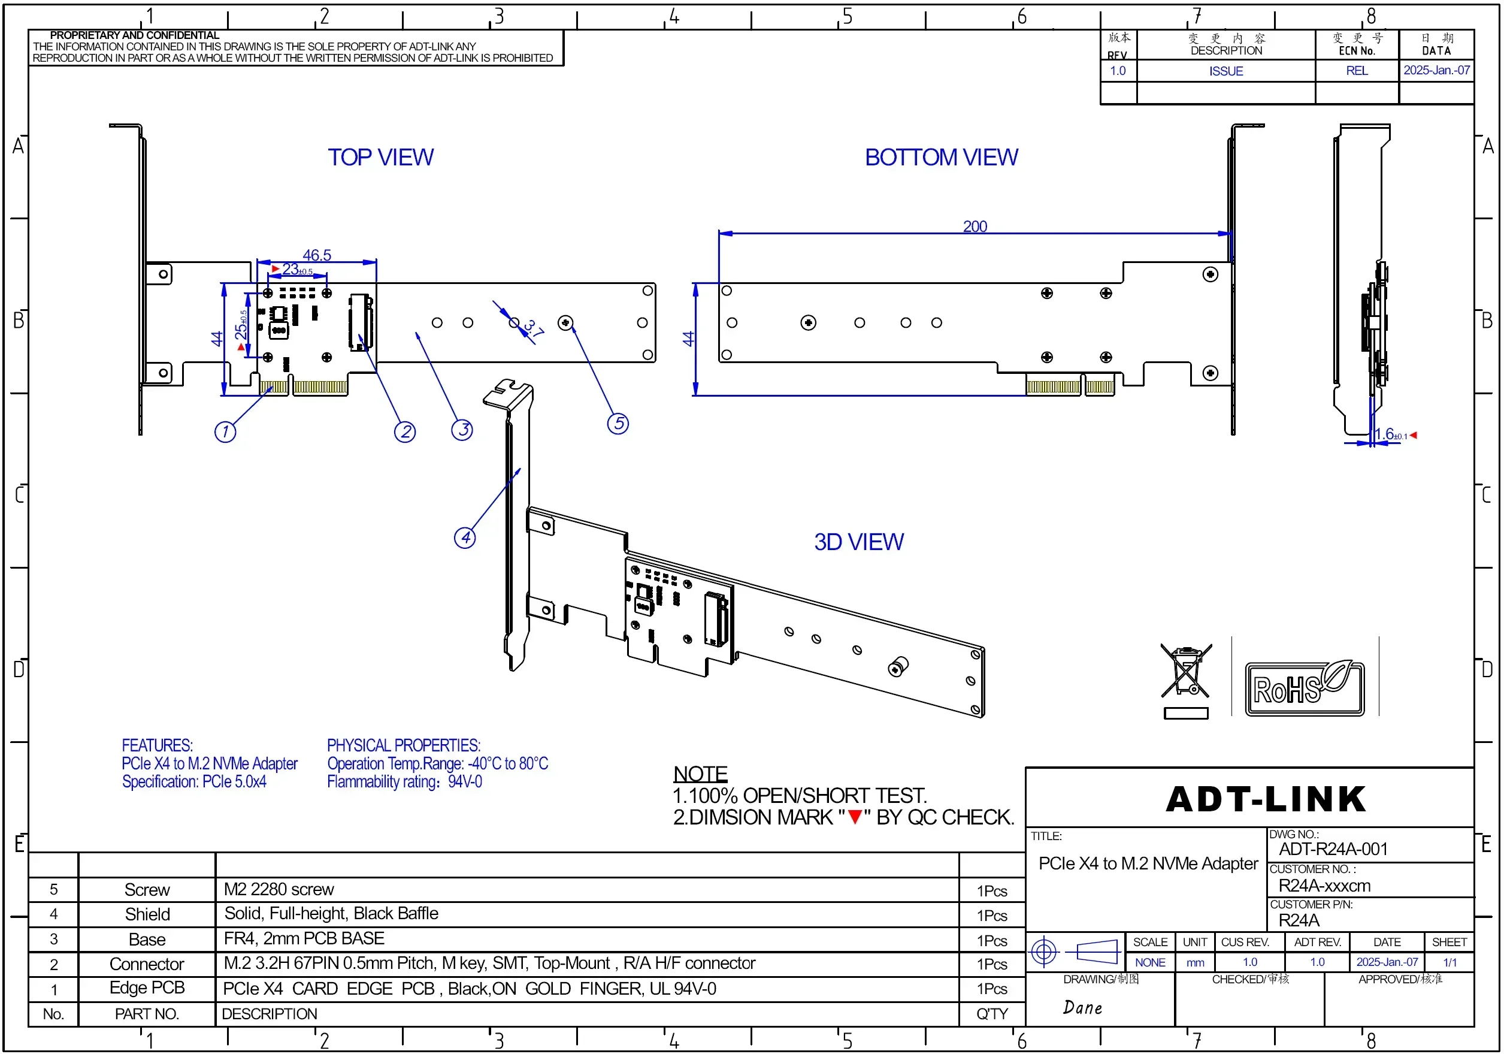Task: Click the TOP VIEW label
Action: tap(380, 158)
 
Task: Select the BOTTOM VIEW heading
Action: tap(942, 158)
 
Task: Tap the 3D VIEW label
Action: tap(859, 542)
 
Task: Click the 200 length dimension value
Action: tap(975, 226)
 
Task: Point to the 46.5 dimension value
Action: tap(317, 255)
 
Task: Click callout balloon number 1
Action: tap(225, 431)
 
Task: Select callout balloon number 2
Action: tap(405, 431)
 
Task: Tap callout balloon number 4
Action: tap(465, 537)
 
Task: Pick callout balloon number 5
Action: tap(618, 424)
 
